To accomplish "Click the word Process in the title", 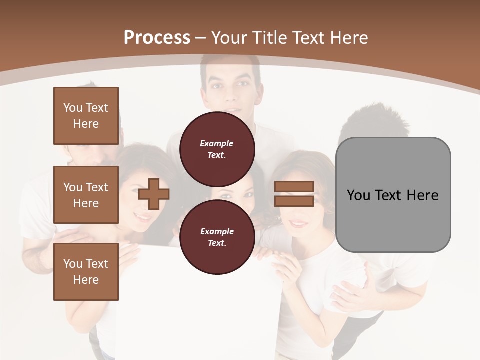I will tap(157, 38).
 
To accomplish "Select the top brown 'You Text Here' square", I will tap(86, 116).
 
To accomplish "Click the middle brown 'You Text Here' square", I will tap(86, 195).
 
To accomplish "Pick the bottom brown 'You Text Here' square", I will tap(86, 272).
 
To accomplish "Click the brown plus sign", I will tap(154, 194).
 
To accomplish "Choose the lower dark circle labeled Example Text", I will tap(217, 237).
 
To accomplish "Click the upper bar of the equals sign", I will tap(294, 187).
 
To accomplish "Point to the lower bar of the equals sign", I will tap(294, 201).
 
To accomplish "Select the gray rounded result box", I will tap(393, 195).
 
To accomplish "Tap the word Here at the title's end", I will tap(348, 38).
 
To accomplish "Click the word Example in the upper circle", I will tap(217, 144).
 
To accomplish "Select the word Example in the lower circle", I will tap(217, 232).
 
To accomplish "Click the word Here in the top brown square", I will tap(86, 124).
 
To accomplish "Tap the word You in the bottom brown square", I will tap(72, 264).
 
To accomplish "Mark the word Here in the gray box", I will tap(423, 195).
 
